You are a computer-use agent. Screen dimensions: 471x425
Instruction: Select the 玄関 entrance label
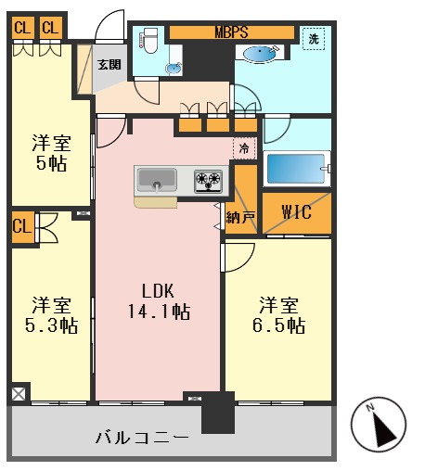point(109,65)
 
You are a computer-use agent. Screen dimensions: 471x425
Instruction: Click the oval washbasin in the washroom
point(266,53)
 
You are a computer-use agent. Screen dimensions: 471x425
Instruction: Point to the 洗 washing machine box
point(315,40)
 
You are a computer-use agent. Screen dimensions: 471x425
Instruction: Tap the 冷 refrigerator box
point(244,146)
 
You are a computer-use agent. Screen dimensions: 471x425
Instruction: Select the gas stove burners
point(209,181)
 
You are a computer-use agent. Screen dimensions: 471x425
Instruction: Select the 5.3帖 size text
point(52,325)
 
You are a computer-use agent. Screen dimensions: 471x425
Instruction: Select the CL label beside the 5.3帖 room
point(21,224)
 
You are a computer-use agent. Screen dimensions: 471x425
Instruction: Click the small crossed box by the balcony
point(18,394)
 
